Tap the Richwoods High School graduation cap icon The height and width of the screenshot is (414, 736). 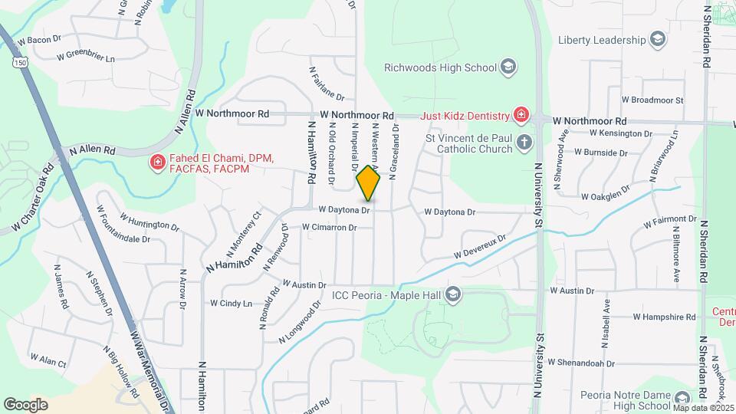(507, 67)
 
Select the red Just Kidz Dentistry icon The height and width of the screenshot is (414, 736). (521, 116)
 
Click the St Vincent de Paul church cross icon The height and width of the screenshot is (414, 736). (524, 142)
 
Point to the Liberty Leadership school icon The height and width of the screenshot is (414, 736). (657, 39)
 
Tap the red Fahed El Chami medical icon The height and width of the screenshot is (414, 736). (158, 162)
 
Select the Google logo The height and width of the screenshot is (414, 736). (25, 404)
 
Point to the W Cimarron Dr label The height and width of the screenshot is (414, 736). (330, 228)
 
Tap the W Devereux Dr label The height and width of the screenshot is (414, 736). (480, 246)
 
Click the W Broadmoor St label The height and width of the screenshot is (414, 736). (652, 100)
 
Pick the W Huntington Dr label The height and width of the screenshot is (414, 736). (149, 225)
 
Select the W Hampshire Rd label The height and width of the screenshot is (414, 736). (664, 317)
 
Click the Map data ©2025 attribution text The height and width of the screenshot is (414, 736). (702, 407)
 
